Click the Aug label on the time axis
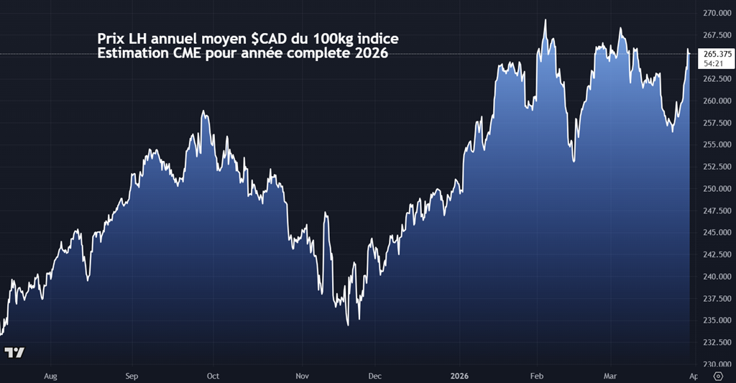coord(50,376)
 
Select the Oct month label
coord(213,376)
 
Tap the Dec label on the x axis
coord(374,376)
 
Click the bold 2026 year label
coord(460,376)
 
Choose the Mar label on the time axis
coord(610,376)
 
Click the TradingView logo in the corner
coord(14,353)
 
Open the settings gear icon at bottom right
coord(717,376)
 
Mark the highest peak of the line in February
coord(546,20)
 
